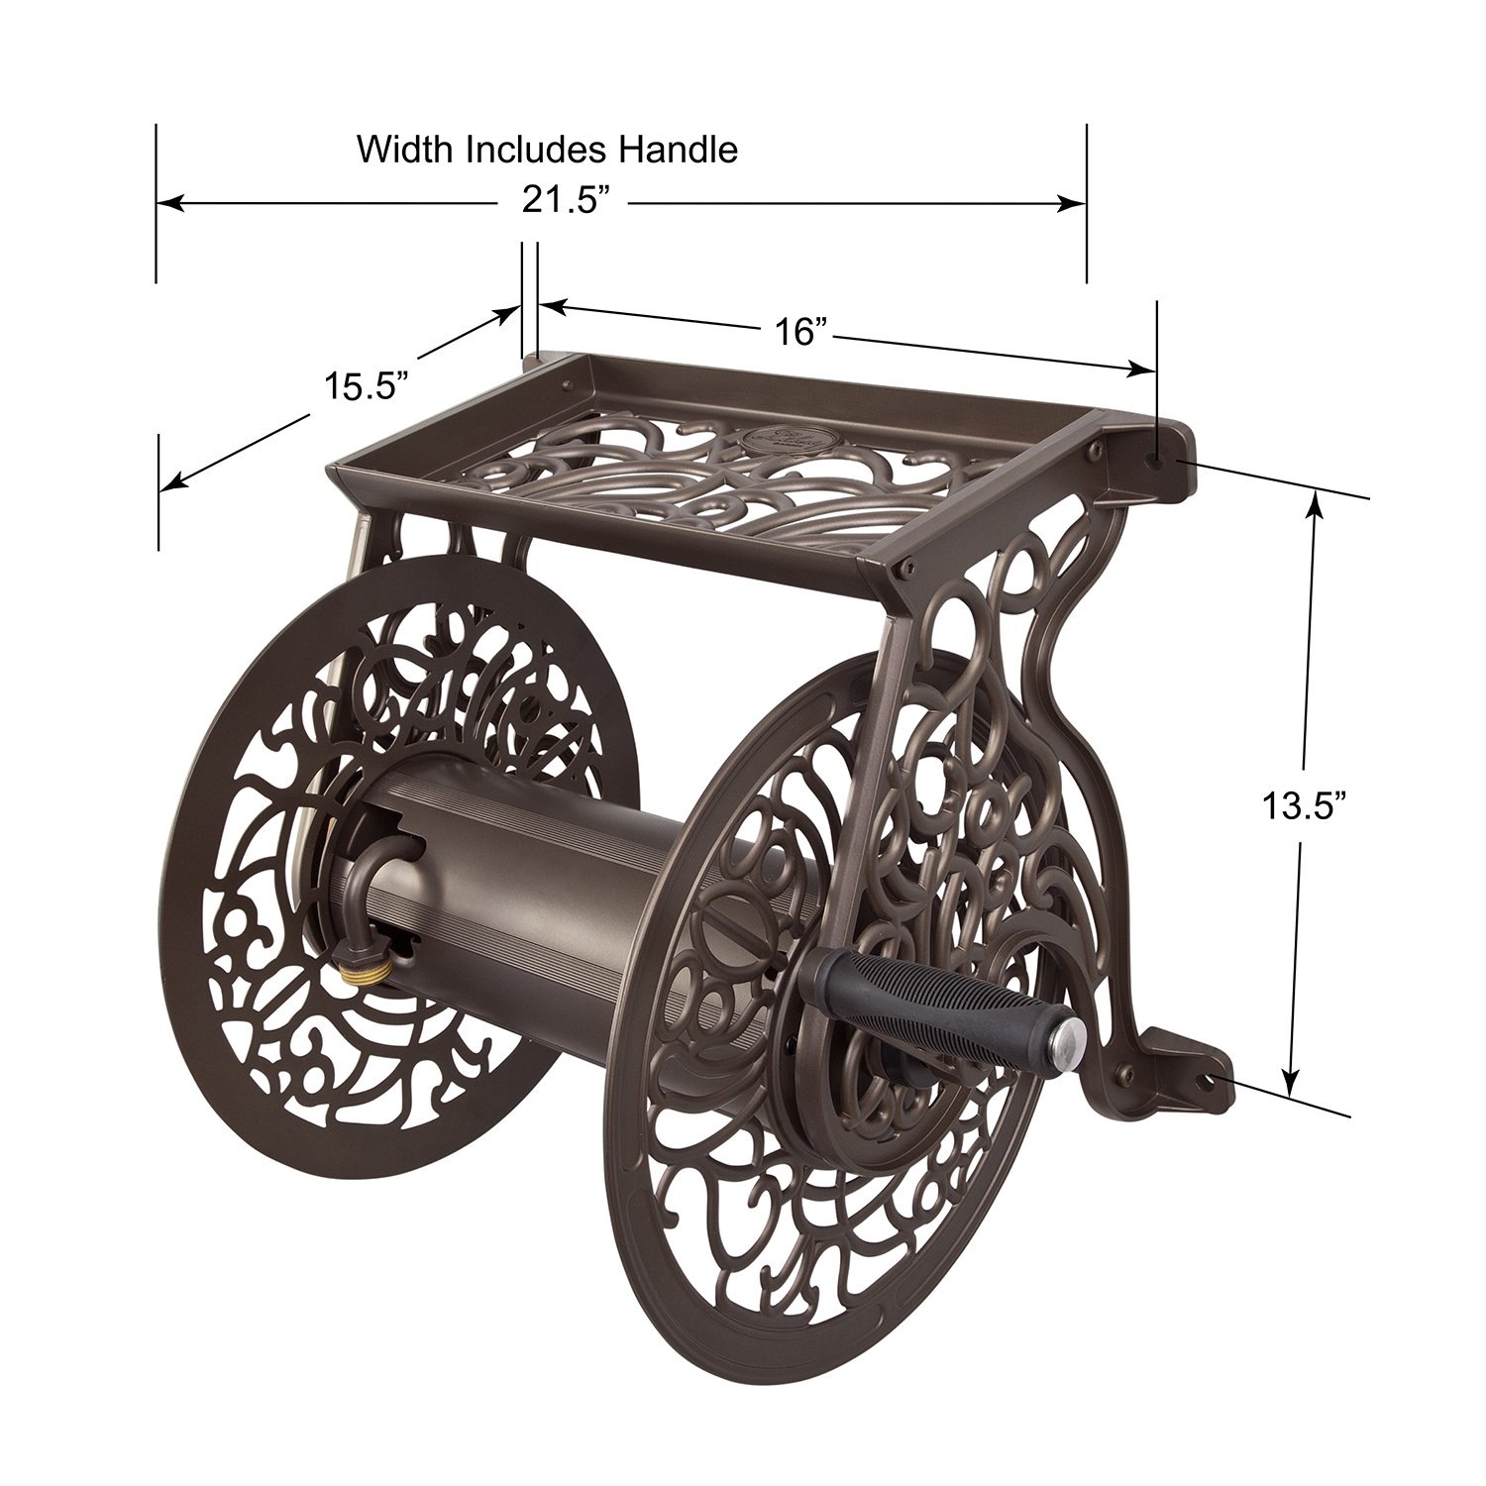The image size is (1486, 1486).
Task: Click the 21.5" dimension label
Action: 564,201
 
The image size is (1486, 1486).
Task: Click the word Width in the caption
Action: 406,150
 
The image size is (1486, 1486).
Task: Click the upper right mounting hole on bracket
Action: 1155,459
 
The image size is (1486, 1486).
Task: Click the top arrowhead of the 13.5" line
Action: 1315,505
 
